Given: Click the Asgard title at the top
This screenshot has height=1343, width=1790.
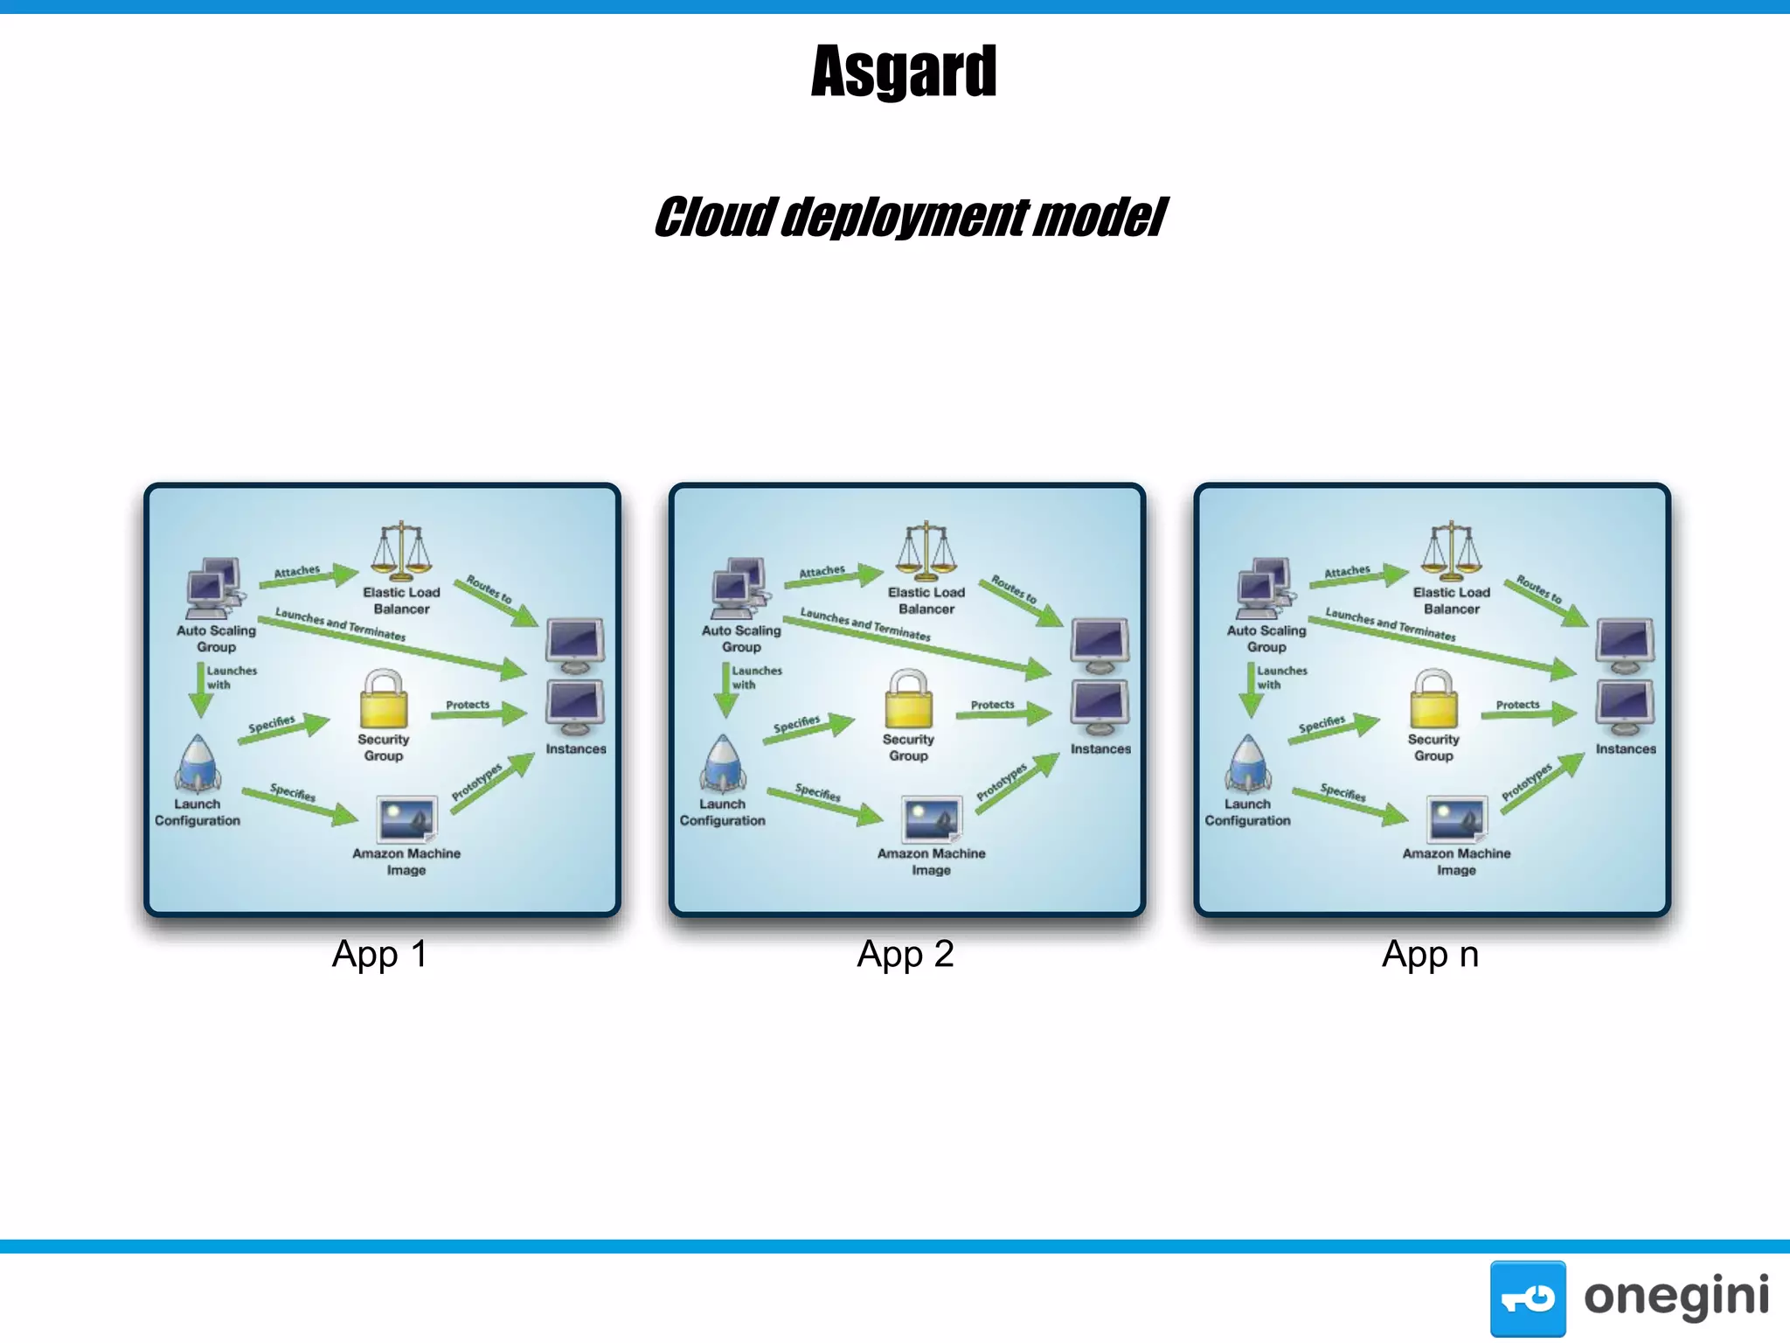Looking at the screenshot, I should click(904, 72).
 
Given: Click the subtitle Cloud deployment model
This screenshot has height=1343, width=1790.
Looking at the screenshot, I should click(909, 218).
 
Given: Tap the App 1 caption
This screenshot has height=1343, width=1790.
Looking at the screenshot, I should click(379, 954).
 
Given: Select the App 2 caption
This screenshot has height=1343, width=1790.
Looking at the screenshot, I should click(905, 954).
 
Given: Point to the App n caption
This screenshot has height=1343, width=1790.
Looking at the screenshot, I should click(1430, 954).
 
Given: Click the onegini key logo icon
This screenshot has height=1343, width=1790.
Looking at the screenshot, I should click(1527, 1298).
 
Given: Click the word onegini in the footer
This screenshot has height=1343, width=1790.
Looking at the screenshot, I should click(1676, 1297).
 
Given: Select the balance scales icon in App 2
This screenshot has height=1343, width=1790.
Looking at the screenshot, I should click(926, 552).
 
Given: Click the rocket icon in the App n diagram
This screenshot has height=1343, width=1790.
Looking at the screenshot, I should click(1248, 762).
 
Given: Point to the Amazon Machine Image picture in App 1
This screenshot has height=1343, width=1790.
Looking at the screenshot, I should click(406, 819).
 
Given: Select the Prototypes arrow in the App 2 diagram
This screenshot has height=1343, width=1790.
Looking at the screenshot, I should click(1016, 783).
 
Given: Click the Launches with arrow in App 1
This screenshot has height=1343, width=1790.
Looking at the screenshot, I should click(200, 689).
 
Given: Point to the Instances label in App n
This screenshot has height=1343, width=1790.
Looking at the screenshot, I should click(1625, 749).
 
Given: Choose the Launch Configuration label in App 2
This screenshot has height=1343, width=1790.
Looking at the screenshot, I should click(723, 812).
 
